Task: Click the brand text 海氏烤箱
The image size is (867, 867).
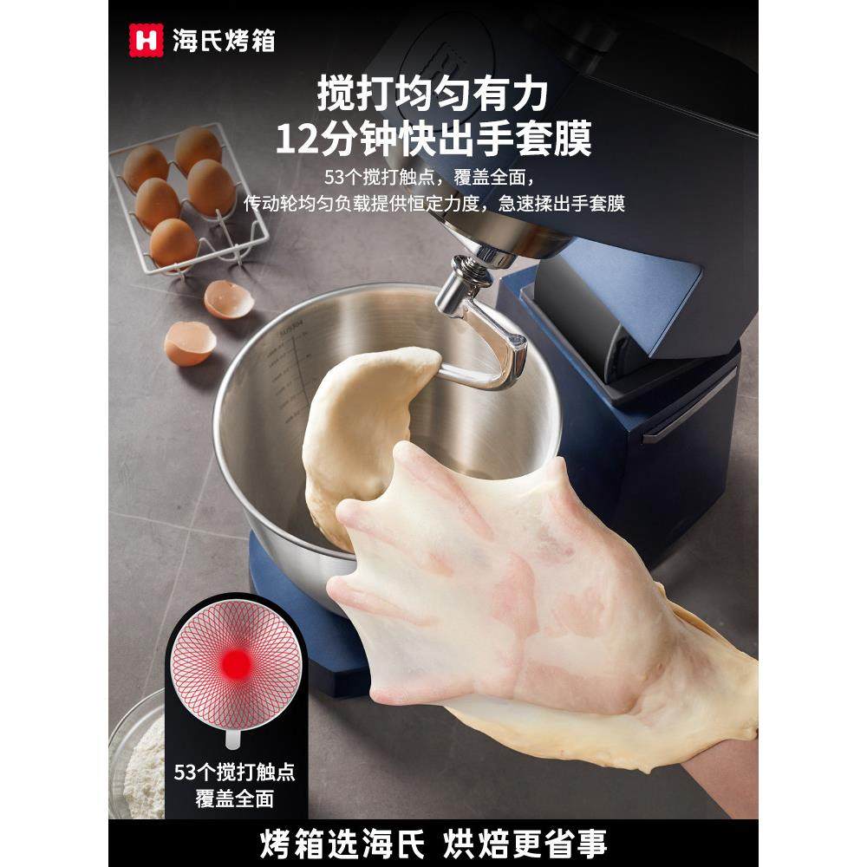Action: click(223, 40)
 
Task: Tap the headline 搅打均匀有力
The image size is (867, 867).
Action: click(433, 95)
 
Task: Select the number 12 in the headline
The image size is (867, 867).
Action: click(299, 138)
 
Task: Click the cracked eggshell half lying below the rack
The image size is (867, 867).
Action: click(189, 343)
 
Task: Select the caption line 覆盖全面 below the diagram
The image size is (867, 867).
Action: click(234, 799)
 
